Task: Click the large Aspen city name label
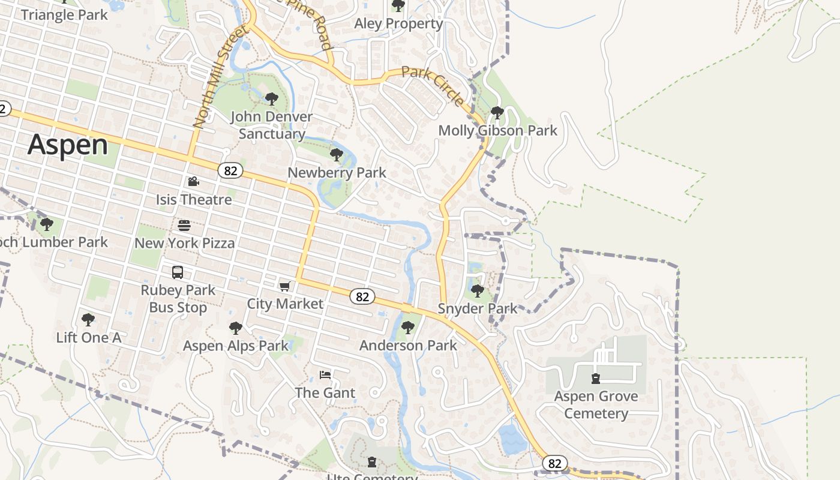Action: pos(68,145)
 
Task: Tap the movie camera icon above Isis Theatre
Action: pos(193,181)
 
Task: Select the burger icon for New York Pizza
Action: pos(184,226)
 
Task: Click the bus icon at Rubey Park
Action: pos(178,272)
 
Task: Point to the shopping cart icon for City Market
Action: pos(285,286)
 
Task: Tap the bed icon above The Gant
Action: pos(325,375)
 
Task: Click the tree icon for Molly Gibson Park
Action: pos(497,112)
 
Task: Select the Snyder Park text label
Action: pos(477,308)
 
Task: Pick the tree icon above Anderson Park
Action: pos(408,328)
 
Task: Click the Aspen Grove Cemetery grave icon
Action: pos(595,378)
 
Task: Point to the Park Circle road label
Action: pos(433,86)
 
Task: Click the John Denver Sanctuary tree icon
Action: pos(272,98)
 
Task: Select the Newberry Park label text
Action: pos(337,173)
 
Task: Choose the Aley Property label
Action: pos(398,23)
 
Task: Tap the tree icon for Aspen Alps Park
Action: pos(236,328)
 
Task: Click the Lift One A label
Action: pos(89,337)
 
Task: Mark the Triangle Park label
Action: pos(64,15)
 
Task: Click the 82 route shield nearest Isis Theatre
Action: pos(230,171)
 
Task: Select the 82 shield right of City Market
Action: pos(362,296)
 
